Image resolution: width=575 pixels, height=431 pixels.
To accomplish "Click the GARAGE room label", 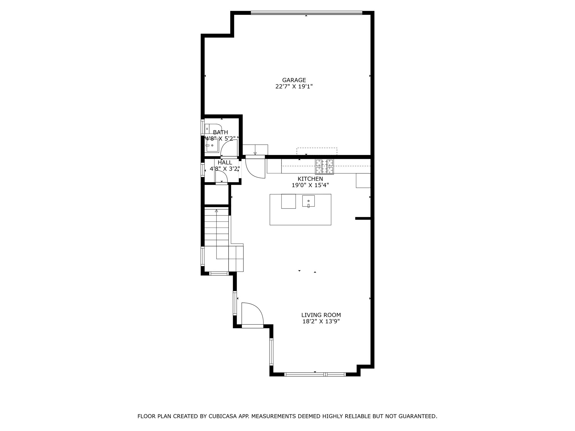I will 294,80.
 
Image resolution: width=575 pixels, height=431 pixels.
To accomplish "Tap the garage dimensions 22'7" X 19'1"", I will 294,87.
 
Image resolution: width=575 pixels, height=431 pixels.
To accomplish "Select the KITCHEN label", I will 310,179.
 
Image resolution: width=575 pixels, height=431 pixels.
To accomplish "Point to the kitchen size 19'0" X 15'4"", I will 310,185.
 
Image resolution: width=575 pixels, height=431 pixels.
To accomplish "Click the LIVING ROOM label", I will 321,315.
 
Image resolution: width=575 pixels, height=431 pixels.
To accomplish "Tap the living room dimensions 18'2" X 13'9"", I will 321,322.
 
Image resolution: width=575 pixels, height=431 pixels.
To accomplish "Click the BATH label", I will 220,132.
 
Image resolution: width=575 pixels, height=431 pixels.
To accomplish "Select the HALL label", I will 225,162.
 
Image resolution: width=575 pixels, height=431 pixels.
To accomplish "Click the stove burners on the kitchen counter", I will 325,166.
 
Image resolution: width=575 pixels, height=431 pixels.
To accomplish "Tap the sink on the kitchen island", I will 308,201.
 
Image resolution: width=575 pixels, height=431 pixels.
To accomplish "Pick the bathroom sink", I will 212,145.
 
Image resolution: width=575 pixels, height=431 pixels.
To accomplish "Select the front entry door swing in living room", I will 252,314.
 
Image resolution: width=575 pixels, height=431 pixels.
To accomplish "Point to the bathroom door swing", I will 229,148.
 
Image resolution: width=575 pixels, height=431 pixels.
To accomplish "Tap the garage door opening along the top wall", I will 306,13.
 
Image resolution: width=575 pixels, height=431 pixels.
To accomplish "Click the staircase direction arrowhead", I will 216,210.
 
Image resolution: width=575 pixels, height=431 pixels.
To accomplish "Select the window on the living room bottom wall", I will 315,374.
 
